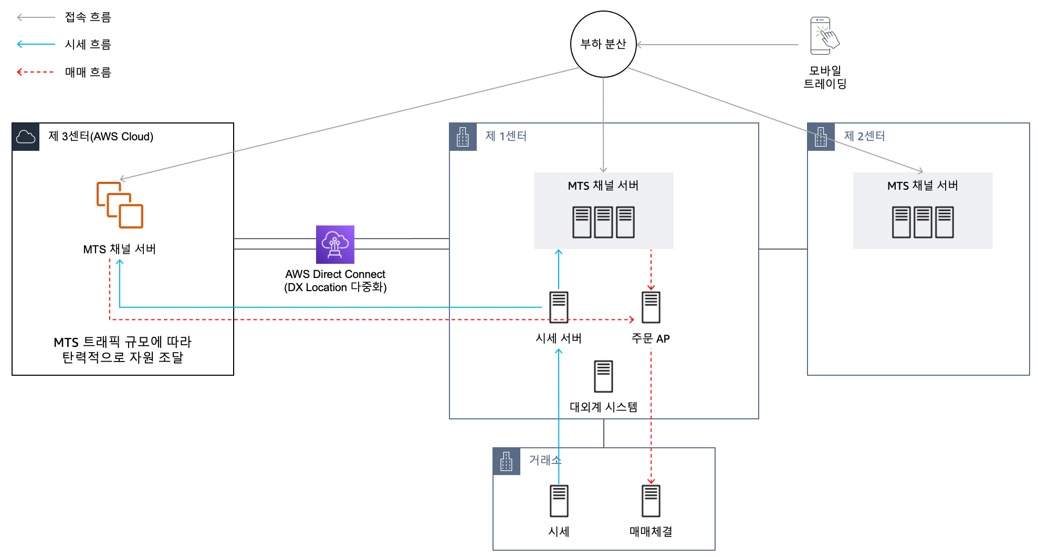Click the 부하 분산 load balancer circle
[x=603, y=44]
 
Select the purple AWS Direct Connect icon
[x=335, y=244]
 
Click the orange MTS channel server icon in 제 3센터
[x=120, y=205]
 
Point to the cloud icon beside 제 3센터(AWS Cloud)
[x=26, y=137]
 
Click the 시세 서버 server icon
[x=559, y=307]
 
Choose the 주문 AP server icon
[x=651, y=307]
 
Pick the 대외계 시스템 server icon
[x=603, y=376]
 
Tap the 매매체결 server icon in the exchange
[x=651, y=501]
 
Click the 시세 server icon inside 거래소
[x=559, y=501]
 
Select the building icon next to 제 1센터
[x=463, y=137]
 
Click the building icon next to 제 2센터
[x=821, y=137]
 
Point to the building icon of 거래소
[x=507, y=461]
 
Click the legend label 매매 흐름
[x=88, y=72]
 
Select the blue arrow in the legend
[x=36, y=44]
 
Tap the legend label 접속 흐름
[x=88, y=17]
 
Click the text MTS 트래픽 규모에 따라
[x=123, y=342]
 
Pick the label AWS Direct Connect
[x=335, y=274]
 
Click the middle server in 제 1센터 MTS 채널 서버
[x=603, y=222]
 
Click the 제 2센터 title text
[x=864, y=136]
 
